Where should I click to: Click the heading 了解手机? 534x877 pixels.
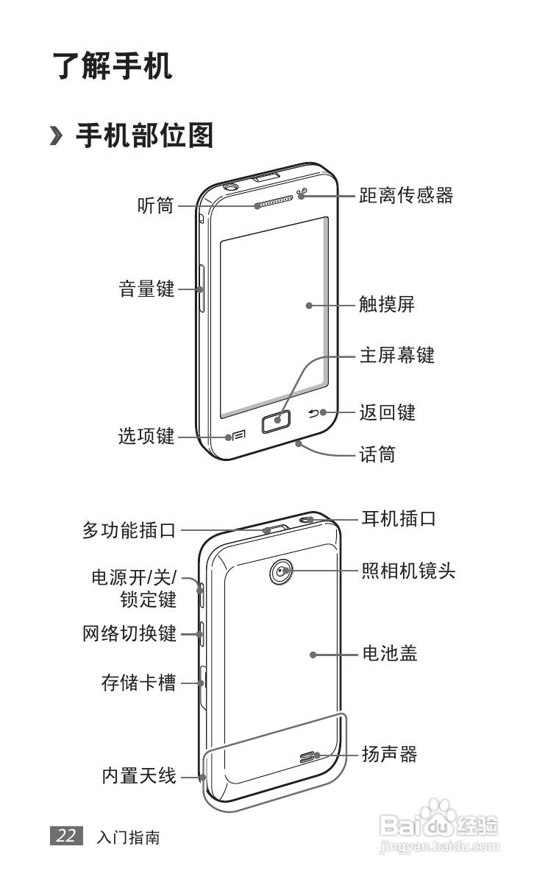click(x=112, y=66)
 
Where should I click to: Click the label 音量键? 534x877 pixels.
click(x=147, y=289)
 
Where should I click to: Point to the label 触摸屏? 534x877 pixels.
click(x=387, y=305)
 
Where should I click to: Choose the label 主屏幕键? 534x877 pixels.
click(x=396, y=356)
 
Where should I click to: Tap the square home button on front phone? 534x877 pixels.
click(x=275, y=421)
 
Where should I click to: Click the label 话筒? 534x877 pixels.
click(x=377, y=455)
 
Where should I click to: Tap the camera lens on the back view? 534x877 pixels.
click(x=281, y=571)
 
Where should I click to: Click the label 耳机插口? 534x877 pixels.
click(x=399, y=518)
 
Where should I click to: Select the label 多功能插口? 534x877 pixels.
click(x=129, y=529)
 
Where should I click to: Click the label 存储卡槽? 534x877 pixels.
click(x=139, y=683)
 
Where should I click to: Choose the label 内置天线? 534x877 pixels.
click(x=139, y=775)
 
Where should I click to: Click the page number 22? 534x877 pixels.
click(x=66, y=837)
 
